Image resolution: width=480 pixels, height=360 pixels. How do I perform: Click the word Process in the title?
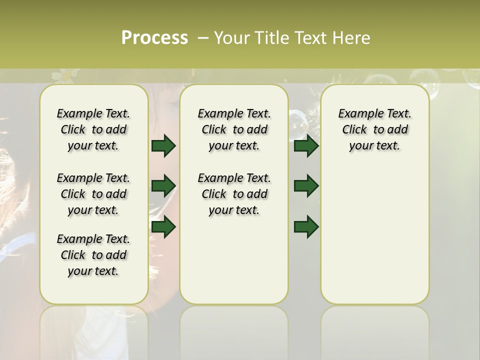[x=154, y=37]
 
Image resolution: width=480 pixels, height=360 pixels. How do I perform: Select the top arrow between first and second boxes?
[x=163, y=146]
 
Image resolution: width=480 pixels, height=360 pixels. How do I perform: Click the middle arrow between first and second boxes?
[x=163, y=186]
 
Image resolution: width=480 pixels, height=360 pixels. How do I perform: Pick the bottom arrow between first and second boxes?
[x=163, y=227]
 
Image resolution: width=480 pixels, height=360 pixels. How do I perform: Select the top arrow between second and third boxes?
[x=306, y=146]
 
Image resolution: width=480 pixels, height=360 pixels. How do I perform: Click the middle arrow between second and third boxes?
[x=306, y=186]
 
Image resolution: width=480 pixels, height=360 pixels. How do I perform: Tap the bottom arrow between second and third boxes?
[x=306, y=227]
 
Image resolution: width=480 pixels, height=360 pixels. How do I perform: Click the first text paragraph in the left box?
[x=93, y=129]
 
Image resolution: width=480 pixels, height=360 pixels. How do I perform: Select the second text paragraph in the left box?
[x=93, y=194]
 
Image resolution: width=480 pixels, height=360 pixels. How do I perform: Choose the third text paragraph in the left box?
[x=93, y=255]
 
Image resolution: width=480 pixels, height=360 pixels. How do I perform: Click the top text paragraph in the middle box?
[x=234, y=129]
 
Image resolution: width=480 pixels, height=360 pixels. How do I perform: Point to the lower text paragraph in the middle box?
[x=234, y=194]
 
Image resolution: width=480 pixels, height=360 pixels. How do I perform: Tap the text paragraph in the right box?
[x=374, y=129]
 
